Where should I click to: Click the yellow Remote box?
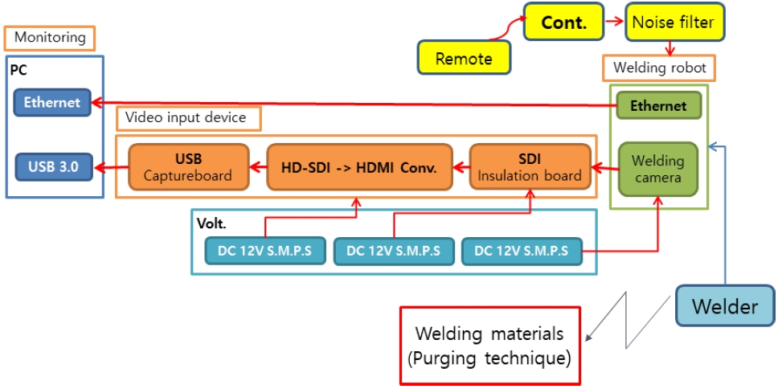point(464,58)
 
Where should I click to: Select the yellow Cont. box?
point(563,23)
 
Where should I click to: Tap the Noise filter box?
point(674,23)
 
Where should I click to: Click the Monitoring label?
point(50,37)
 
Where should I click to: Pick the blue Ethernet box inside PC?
point(52,102)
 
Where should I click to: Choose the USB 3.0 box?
point(53,167)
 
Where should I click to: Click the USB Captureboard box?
point(187,167)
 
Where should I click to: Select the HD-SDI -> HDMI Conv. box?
point(358,167)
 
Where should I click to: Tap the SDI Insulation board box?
point(530,167)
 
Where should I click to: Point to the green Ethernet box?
point(658,105)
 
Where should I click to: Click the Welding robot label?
point(659,68)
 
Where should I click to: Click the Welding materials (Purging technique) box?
point(489,346)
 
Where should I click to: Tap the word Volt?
point(211,224)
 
